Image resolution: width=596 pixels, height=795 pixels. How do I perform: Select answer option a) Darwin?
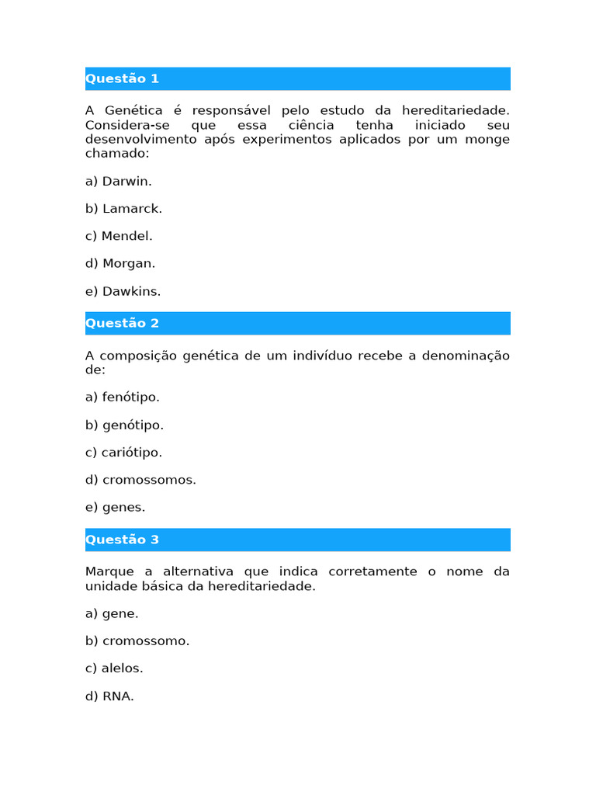[119, 181]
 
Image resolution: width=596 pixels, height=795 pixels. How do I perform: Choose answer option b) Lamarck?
[123, 209]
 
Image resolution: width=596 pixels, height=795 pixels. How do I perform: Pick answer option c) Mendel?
[119, 236]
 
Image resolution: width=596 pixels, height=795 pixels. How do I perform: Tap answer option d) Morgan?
[120, 263]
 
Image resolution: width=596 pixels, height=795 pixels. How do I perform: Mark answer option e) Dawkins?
[123, 291]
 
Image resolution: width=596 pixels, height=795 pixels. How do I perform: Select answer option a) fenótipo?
[123, 397]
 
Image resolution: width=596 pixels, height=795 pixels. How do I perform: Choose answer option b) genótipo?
[124, 425]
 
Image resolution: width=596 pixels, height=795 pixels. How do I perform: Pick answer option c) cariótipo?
[123, 453]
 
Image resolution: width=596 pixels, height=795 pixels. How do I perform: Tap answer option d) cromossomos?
[140, 480]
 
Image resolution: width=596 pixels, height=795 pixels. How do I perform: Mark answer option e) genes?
[115, 507]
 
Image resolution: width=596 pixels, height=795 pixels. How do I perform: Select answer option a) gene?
[112, 613]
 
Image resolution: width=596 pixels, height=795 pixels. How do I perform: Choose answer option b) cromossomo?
[137, 641]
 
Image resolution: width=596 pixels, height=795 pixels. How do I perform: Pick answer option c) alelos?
[114, 668]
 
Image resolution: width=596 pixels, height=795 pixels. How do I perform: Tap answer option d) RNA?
[109, 696]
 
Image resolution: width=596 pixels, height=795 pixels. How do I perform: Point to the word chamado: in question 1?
[116, 154]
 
